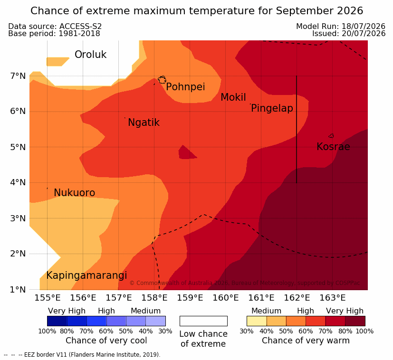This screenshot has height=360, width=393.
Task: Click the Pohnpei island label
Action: (x=185, y=87)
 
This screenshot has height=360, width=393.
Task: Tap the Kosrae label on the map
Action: (x=333, y=147)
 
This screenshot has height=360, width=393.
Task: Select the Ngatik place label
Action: (x=144, y=123)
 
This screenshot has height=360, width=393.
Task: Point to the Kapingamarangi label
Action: (x=86, y=275)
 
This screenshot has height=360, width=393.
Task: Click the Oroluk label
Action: (x=90, y=55)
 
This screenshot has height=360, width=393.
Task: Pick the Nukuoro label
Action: (x=75, y=193)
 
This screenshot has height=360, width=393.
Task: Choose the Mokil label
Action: (x=233, y=97)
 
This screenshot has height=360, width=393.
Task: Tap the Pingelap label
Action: (x=272, y=108)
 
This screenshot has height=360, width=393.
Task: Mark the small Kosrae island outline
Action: (x=331, y=136)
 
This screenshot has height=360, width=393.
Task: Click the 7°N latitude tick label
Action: (x=18, y=76)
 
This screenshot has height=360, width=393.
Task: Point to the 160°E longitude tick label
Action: (x=226, y=298)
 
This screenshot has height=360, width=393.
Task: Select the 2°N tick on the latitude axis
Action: (x=18, y=254)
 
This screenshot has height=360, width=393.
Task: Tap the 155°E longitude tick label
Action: (x=48, y=298)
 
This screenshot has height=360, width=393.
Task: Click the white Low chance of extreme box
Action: (x=203, y=321)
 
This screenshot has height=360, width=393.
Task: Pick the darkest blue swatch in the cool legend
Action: (x=57, y=321)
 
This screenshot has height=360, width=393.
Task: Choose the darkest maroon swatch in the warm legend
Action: (x=355, y=321)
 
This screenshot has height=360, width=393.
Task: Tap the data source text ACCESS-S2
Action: (x=80, y=26)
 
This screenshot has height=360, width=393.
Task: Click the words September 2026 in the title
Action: (x=319, y=11)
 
